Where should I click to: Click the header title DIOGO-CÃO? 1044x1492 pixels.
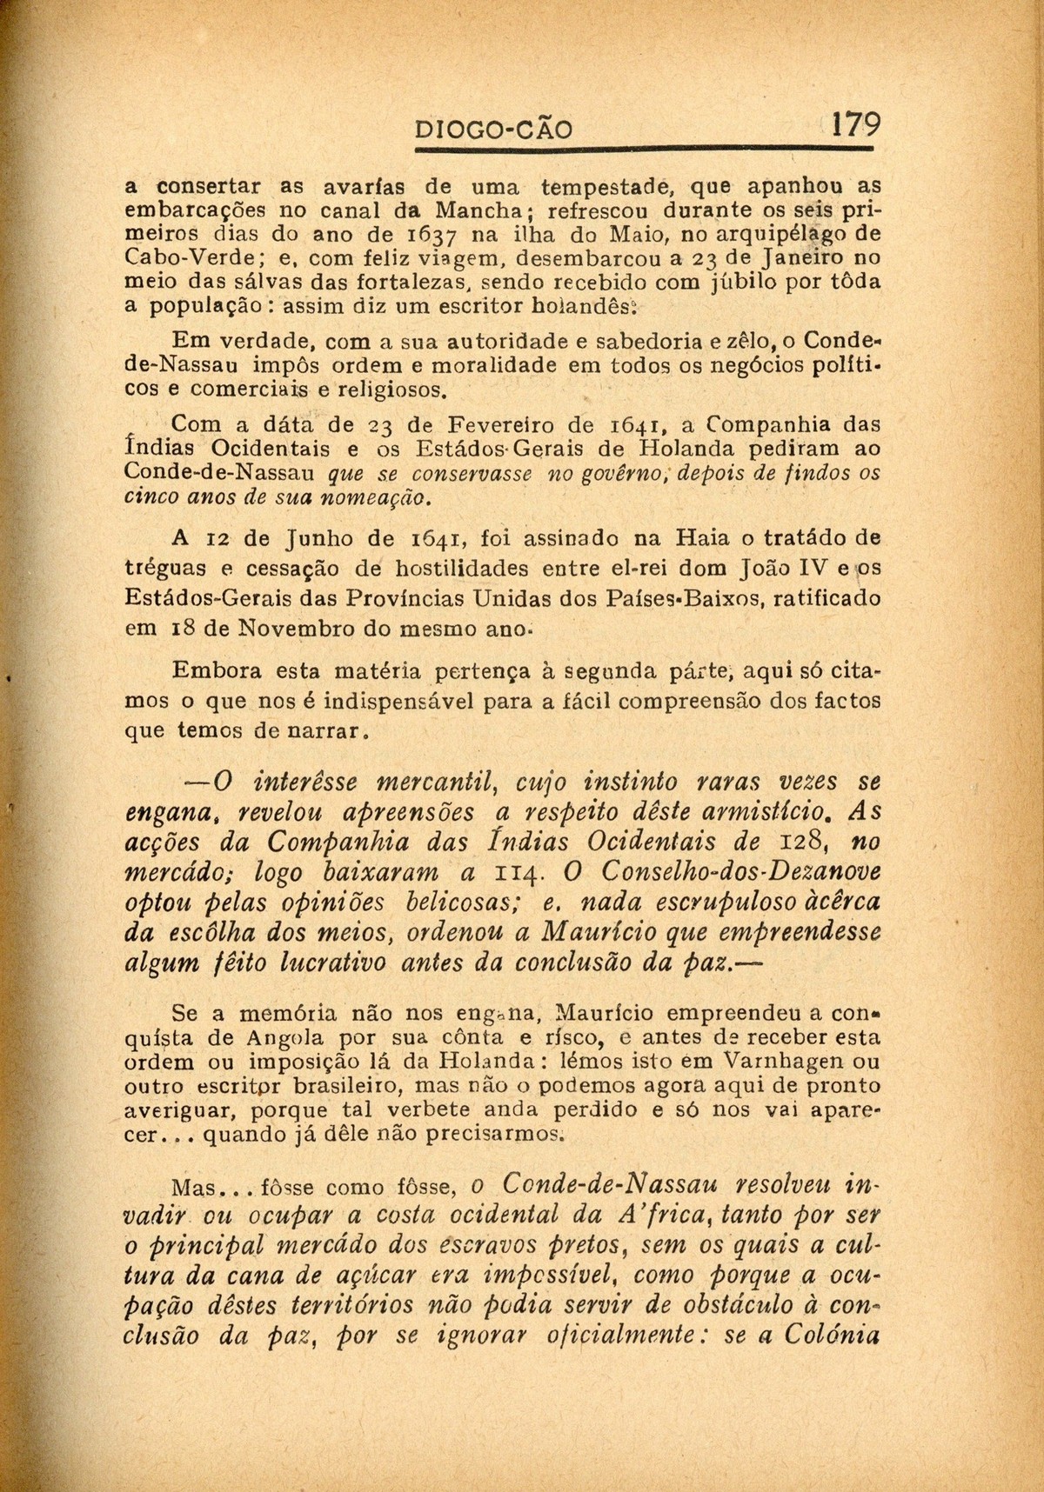point(495,130)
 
